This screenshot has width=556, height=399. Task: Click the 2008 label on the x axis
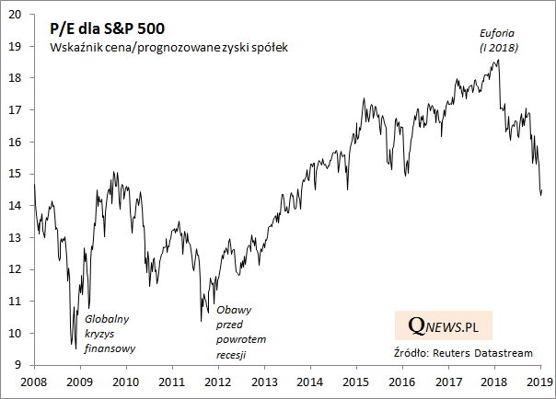coord(34,381)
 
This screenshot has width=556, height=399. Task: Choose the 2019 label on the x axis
coord(539,381)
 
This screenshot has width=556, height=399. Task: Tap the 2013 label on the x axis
coord(264,381)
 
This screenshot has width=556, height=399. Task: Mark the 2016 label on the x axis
coord(401,381)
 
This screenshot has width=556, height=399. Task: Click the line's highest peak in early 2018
coord(498,61)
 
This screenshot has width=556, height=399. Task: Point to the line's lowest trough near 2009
coord(75,348)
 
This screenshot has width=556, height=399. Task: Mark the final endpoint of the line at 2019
coord(542,190)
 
